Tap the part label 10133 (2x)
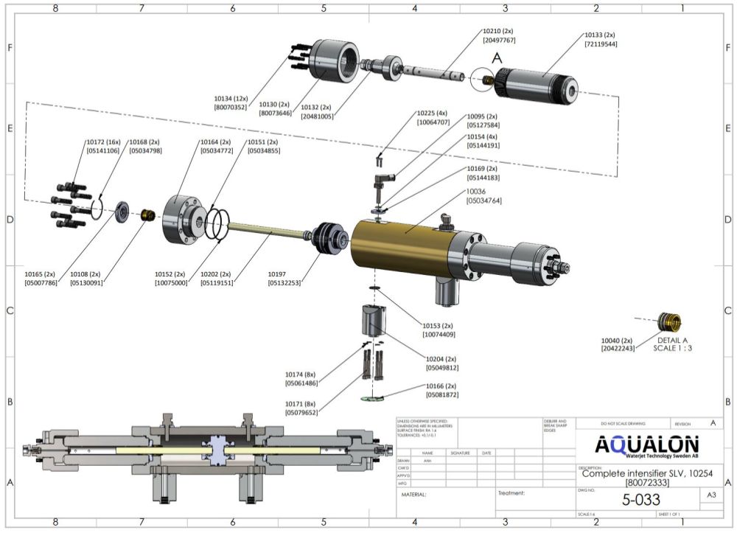[599, 35]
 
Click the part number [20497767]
[498, 41]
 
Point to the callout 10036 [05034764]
[483, 195]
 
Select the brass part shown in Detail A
[670, 322]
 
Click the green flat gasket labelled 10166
[377, 399]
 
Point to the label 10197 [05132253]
[283, 277]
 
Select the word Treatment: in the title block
[511, 493]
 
